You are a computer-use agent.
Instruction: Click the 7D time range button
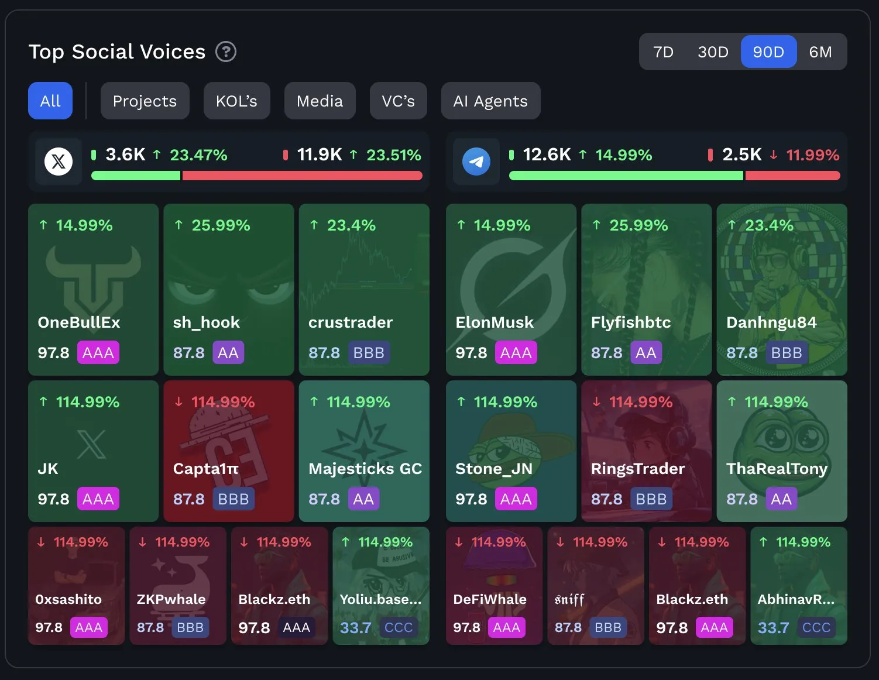tap(663, 52)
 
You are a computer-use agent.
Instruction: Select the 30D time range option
tap(713, 52)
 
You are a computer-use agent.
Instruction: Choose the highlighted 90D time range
tap(768, 52)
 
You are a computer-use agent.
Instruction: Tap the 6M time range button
tap(820, 52)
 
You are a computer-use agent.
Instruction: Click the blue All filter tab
tap(50, 101)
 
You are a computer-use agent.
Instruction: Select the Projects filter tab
tap(145, 101)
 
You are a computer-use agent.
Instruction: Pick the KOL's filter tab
tap(236, 101)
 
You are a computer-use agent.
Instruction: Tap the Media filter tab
tap(320, 101)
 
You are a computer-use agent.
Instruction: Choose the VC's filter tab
tap(398, 101)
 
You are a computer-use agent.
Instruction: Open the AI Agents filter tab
tap(490, 101)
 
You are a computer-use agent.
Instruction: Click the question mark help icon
tap(226, 52)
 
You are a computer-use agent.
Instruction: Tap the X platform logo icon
tap(59, 162)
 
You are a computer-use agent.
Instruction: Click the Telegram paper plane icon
tap(476, 162)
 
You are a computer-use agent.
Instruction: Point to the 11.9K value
tap(320, 154)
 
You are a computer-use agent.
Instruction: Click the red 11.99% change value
tap(812, 155)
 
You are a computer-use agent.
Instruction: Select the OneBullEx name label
tap(79, 322)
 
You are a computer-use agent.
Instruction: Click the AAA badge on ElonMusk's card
tap(516, 353)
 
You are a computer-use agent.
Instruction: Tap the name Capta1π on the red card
tap(206, 469)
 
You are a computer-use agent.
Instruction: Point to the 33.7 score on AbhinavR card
tap(773, 628)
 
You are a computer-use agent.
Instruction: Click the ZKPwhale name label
tap(171, 599)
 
